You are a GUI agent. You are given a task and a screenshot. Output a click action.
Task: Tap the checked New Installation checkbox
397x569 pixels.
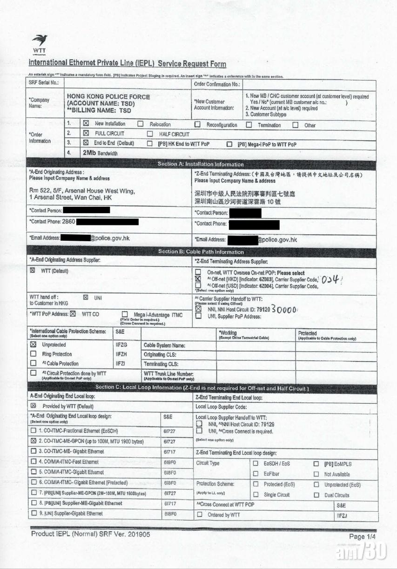tap(86, 124)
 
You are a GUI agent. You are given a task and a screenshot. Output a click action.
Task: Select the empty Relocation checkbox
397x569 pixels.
tap(140, 124)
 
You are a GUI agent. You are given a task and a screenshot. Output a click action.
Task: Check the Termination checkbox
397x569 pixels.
tap(249, 125)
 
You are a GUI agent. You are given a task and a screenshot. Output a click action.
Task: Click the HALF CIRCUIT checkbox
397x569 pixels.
tap(150, 134)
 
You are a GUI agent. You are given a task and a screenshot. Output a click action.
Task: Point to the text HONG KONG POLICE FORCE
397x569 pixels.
tap(108, 96)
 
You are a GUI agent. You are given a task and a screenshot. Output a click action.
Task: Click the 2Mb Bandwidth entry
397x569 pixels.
tap(100, 153)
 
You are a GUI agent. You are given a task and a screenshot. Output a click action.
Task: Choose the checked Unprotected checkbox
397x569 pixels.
tap(33, 345)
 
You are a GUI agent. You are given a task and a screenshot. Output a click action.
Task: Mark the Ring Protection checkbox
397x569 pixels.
tap(33, 354)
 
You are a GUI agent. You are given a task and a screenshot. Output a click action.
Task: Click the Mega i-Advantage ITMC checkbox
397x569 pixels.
tap(124, 314)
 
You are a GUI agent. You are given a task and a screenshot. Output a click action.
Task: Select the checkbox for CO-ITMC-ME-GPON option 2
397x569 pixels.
tap(33, 441)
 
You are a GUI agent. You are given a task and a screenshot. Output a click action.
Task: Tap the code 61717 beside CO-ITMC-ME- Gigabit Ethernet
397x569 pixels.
tap(169, 451)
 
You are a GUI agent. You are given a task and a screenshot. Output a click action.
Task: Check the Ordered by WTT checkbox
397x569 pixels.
tap(199, 515)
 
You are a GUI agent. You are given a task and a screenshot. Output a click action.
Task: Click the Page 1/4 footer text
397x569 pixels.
tap(362, 536)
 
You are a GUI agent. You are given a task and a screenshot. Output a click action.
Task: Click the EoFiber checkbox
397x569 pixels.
tap(255, 474)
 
